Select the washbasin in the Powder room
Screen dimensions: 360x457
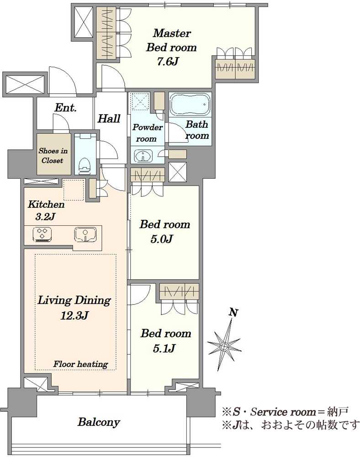(143, 155)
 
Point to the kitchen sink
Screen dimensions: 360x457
(85, 234)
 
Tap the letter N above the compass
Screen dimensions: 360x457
(233, 313)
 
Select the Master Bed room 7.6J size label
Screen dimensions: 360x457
(168, 62)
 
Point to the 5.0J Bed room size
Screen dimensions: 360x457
(162, 239)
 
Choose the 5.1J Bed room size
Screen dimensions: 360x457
(164, 348)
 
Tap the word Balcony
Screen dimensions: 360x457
(99, 422)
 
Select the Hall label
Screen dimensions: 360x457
(109, 119)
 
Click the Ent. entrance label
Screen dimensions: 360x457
(65, 108)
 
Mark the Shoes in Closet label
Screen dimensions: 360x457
(53, 156)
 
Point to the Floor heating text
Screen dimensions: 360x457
(80, 364)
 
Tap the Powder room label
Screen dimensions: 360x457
(148, 133)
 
